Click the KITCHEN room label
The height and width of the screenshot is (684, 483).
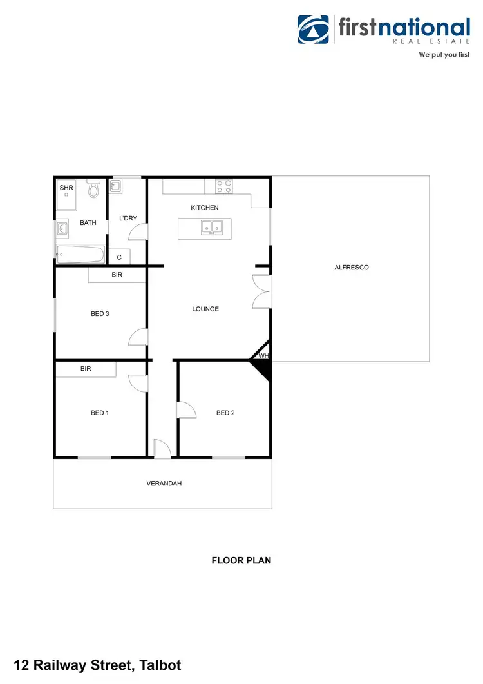coord(205,208)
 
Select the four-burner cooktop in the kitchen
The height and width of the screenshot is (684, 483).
coord(225,186)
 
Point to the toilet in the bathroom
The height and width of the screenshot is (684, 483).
coord(94,189)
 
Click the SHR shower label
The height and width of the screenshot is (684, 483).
coord(66,188)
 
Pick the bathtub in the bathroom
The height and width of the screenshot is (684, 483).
coord(80,254)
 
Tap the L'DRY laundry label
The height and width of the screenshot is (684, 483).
coord(128,219)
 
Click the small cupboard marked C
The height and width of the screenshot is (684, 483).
coord(119,257)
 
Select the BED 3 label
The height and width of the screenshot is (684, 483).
coord(100,314)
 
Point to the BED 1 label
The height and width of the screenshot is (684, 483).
coord(100,413)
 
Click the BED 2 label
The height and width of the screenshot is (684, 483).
coord(225,413)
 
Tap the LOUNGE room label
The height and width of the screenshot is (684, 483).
coord(205,309)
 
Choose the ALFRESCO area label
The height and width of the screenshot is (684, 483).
coord(352,267)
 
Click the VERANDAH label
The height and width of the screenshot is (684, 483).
coord(164,483)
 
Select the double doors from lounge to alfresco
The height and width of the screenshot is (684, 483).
coord(262,292)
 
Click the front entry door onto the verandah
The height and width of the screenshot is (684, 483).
coord(162,449)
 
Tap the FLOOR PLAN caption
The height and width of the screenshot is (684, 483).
coord(241,560)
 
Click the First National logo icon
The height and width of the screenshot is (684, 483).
coord(313,30)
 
